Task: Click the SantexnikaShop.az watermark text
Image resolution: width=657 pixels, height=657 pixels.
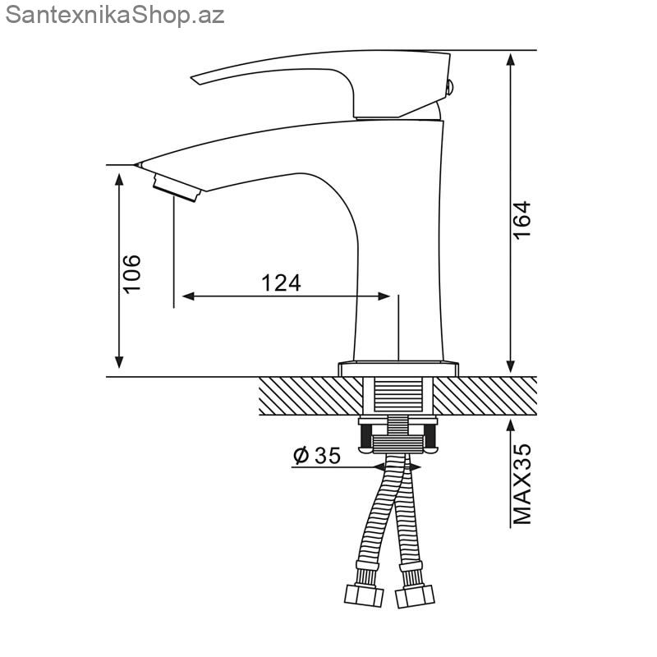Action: tap(115, 16)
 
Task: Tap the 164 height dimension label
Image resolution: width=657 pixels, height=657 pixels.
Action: tap(522, 220)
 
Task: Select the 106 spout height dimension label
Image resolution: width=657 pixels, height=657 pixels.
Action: tap(131, 273)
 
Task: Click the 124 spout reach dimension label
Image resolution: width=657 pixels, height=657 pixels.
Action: tap(281, 283)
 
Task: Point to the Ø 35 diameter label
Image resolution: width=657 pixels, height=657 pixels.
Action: tap(317, 456)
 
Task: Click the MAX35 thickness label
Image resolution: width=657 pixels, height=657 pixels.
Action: tap(522, 484)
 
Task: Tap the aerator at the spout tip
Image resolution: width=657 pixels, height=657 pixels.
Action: tap(177, 188)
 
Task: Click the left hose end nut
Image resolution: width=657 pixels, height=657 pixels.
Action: tap(364, 595)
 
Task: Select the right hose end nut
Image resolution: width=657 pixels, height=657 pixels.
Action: tap(415, 595)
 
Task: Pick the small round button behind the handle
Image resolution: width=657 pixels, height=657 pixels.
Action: tap(449, 88)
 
